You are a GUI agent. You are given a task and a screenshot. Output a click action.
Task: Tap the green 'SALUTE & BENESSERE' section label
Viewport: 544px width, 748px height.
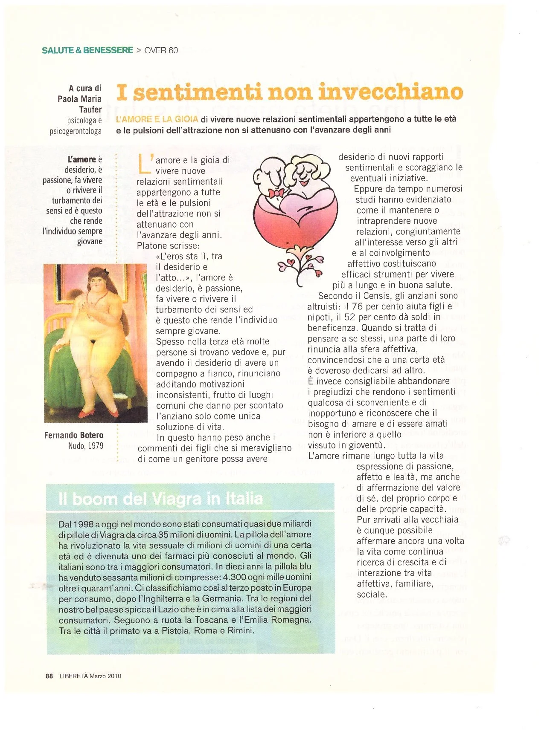[x=87, y=50]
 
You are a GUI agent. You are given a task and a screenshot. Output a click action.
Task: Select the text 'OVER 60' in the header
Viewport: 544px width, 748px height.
[x=161, y=50]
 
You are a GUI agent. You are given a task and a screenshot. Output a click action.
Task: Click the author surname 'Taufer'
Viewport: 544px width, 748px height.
[x=90, y=109]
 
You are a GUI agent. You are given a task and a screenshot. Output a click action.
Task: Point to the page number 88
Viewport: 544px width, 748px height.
[x=49, y=676]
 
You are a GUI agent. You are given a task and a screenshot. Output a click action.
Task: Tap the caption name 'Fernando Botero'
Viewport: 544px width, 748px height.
[x=74, y=435]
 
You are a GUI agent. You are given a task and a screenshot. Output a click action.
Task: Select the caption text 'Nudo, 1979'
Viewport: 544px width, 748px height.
[x=85, y=446]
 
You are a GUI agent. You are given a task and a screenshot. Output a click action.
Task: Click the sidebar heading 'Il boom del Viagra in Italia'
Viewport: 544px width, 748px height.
[x=160, y=499]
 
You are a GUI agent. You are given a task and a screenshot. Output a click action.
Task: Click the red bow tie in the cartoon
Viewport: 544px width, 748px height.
[x=276, y=193]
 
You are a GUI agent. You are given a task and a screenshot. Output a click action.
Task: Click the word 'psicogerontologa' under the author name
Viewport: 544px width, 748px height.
[x=76, y=131]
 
